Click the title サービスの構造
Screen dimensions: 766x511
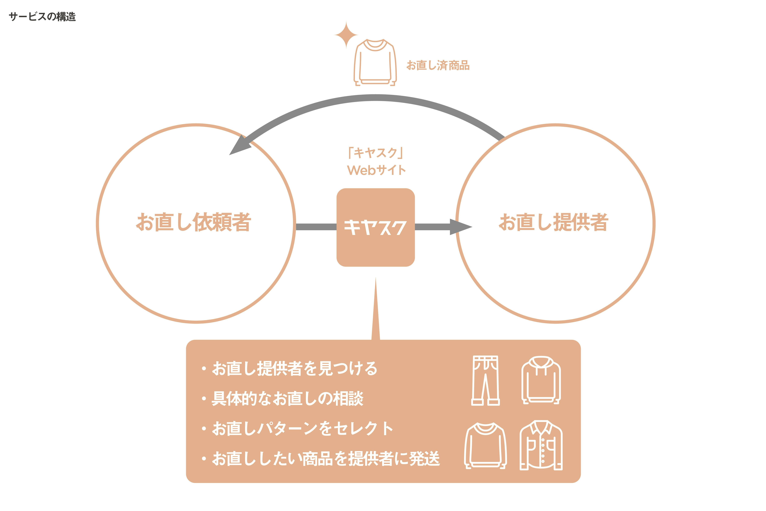coord(42,16)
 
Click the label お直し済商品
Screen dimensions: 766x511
coord(438,65)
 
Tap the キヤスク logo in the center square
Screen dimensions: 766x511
coord(376,227)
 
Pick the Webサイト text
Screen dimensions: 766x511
coord(376,170)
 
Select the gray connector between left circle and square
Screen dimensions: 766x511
coord(316,227)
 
